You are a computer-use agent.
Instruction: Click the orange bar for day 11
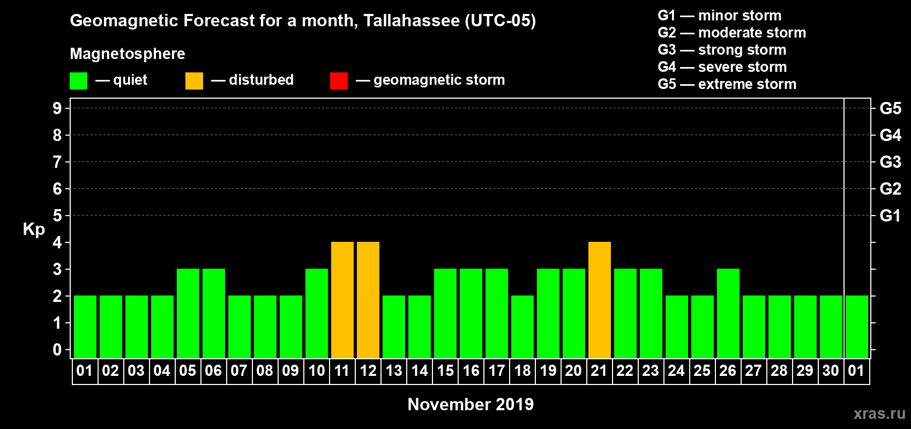pos(342,300)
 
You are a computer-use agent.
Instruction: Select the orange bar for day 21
pos(600,300)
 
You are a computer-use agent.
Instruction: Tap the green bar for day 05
pos(188,313)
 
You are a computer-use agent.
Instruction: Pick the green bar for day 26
pos(728,313)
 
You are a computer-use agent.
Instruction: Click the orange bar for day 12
pos(368,300)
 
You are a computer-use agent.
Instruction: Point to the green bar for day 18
pos(522,327)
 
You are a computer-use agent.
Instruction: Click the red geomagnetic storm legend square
pos(339,81)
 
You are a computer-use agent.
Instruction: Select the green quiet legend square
pos(78,81)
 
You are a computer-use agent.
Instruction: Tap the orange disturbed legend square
pos(194,81)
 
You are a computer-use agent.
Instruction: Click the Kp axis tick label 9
pos(57,108)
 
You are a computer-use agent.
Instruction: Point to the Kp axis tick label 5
pos(57,216)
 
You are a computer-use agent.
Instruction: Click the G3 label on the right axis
pos(890,162)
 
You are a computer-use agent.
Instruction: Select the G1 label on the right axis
pos(890,216)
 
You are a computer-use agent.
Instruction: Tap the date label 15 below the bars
pos(445,371)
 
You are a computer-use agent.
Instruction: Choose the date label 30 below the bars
pos(831,371)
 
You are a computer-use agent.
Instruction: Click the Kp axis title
pos(34,230)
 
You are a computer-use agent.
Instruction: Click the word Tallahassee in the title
pos(412,21)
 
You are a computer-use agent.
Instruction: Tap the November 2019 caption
pos(471,404)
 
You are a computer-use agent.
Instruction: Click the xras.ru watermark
pos(879,413)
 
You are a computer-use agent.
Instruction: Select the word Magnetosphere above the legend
pos(128,54)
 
